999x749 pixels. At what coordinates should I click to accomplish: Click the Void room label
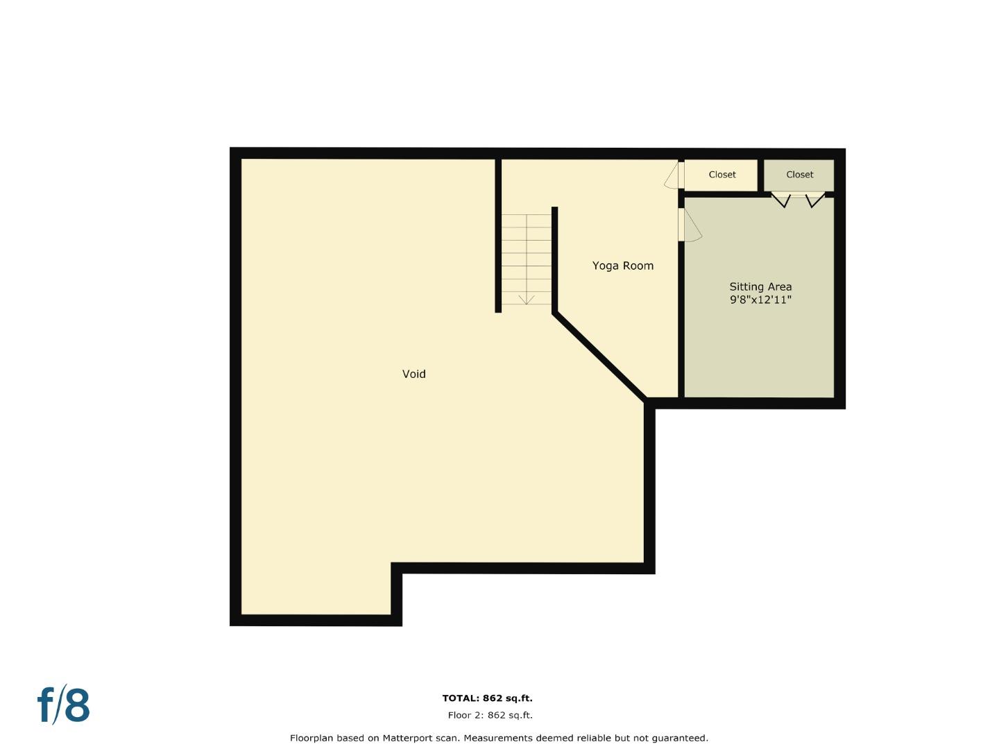(x=414, y=374)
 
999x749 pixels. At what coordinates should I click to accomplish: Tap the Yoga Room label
(x=622, y=266)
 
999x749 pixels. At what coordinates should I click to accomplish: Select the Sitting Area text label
(x=760, y=286)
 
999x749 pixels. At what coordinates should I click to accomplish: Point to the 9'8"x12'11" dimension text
(x=760, y=300)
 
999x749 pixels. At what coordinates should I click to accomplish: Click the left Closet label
(x=722, y=175)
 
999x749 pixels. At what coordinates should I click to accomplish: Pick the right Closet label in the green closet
(x=799, y=175)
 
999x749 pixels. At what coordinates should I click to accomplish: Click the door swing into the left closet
(x=672, y=175)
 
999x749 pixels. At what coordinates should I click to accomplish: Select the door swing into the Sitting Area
(x=692, y=225)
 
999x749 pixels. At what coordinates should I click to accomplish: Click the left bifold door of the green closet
(x=782, y=200)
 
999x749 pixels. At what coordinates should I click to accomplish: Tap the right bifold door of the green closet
(x=814, y=200)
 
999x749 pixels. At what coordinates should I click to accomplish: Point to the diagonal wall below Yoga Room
(x=600, y=356)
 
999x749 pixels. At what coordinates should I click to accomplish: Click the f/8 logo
(x=63, y=705)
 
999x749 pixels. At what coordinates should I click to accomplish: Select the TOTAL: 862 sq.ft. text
(x=487, y=698)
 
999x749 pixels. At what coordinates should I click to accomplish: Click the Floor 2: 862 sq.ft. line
(x=490, y=715)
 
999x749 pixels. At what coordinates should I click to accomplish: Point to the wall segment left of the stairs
(x=498, y=236)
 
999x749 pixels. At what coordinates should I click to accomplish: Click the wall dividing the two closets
(x=760, y=175)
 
